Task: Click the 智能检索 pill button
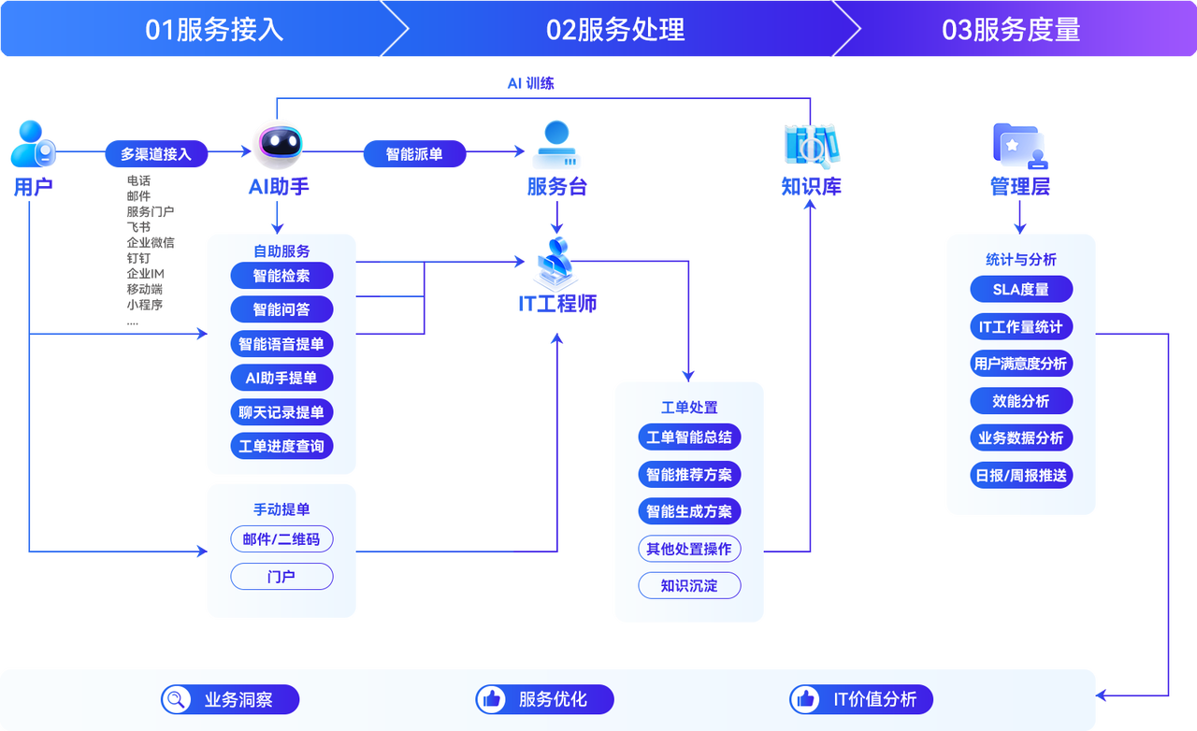[281, 276]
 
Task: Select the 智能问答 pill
[281, 309]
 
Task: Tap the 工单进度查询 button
[281, 446]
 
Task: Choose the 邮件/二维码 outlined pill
[281, 539]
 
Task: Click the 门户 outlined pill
[281, 577]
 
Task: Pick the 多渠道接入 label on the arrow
[156, 154]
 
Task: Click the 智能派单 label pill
[414, 154]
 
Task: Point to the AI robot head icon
[278, 143]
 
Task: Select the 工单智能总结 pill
[689, 437]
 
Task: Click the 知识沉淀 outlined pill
[689, 586]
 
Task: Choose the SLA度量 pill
[1020, 289]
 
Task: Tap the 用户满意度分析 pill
[1020, 364]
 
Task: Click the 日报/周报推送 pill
[1020, 475]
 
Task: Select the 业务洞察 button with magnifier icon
[229, 699]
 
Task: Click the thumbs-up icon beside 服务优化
[491, 699]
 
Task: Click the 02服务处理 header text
[615, 30]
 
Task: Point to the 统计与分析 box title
[1020, 259]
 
